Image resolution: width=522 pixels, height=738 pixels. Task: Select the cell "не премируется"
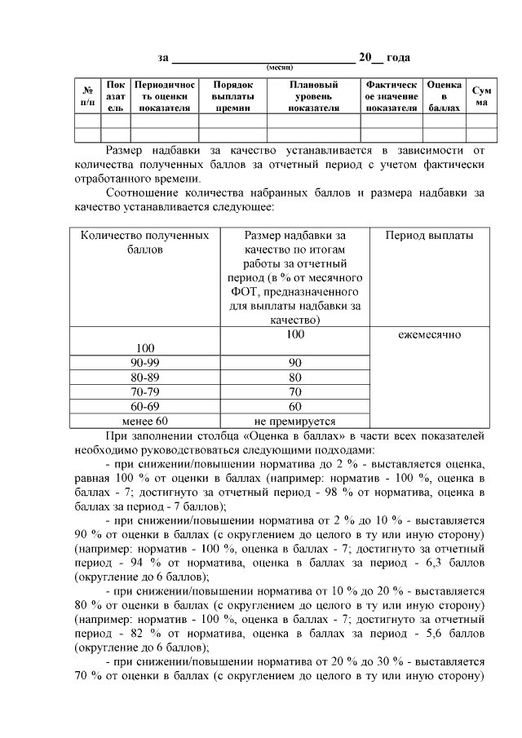click(x=295, y=422)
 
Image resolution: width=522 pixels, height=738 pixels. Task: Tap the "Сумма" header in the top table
click(x=482, y=96)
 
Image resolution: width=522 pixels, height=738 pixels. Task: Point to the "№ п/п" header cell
click(x=86, y=96)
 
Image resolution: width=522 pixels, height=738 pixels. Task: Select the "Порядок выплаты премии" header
click(x=232, y=96)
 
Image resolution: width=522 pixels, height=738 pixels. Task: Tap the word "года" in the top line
click(x=398, y=57)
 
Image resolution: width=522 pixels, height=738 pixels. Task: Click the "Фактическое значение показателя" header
click(x=391, y=96)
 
